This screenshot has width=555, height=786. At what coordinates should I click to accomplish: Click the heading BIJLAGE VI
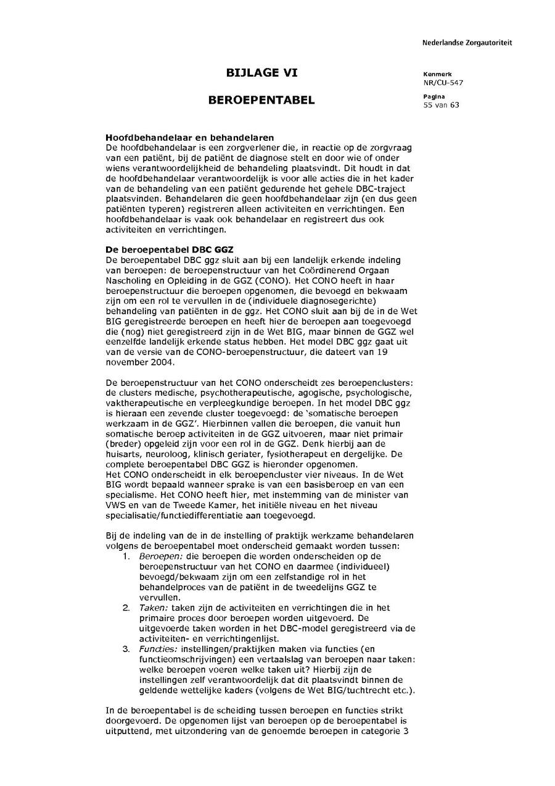[261, 73]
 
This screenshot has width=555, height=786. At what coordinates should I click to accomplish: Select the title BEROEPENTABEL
[261, 100]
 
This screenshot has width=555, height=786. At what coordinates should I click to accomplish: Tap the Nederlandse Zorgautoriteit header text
[467, 43]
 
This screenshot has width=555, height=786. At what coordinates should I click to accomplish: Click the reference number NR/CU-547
[443, 83]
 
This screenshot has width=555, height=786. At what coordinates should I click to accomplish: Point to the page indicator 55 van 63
[441, 105]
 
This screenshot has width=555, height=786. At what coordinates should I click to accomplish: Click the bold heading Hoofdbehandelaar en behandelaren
[190, 137]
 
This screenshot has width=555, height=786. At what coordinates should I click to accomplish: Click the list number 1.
[126, 556]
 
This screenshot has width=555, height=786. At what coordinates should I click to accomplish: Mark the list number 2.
[126, 608]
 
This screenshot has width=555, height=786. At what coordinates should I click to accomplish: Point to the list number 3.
[126, 650]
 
